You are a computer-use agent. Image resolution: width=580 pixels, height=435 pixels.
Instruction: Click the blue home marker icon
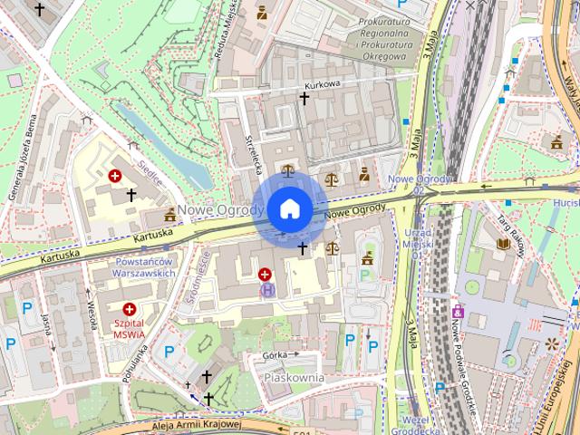(289, 209)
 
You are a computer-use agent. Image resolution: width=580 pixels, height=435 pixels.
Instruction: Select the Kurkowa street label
(322, 83)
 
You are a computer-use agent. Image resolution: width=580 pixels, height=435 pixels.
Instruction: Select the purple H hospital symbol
(266, 290)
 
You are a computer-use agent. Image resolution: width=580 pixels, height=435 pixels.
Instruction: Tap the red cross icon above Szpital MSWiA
(130, 308)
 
